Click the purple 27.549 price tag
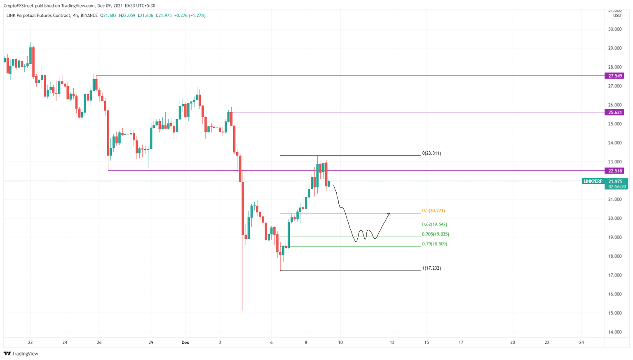615,76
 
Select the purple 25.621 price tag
615,112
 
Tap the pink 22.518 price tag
615,171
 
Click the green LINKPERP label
593,181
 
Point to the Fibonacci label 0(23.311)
431,153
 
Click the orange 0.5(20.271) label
433,211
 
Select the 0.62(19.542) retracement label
434,225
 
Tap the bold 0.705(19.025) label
435,234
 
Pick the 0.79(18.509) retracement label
434,244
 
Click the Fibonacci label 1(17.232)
431,268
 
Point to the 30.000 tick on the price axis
614,29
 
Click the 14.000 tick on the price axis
614,332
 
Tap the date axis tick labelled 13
392,343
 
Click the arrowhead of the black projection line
389,214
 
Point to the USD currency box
617,16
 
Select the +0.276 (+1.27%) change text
190,16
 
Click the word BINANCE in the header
89,16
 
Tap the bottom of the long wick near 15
243,310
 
